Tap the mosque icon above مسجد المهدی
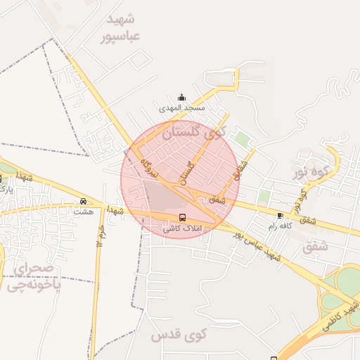click(x=182, y=97)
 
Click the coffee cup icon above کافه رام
click(x=281, y=215)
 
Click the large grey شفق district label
click(x=315, y=247)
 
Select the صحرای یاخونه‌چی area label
click(x=32, y=276)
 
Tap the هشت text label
click(x=83, y=210)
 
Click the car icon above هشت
click(x=84, y=200)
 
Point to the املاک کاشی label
click(x=181, y=228)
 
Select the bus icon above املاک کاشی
click(x=183, y=217)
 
